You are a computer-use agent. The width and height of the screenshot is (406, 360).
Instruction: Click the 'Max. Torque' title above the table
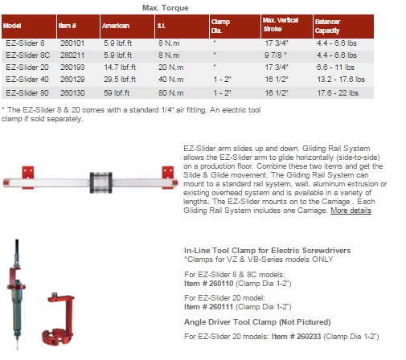click(x=165, y=8)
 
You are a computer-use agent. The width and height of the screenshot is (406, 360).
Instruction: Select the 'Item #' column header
click(x=68, y=26)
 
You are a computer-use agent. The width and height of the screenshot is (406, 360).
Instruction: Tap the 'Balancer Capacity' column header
click(x=327, y=26)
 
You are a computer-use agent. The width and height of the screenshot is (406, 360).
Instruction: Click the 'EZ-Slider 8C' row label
click(x=28, y=55)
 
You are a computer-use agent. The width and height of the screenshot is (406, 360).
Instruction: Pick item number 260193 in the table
click(x=72, y=67)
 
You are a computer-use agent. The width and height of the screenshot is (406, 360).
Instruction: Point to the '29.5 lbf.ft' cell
click(x=120, y=80)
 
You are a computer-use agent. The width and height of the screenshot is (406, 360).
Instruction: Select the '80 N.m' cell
click(x=171, y=93)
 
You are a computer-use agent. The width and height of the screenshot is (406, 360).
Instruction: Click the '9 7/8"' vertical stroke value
click(x=276, y=55)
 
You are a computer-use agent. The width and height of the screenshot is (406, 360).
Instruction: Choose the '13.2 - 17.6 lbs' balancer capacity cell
click(x=341, y=80)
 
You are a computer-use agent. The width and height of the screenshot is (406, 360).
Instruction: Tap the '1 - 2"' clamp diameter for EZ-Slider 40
click(x=222, y=80)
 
